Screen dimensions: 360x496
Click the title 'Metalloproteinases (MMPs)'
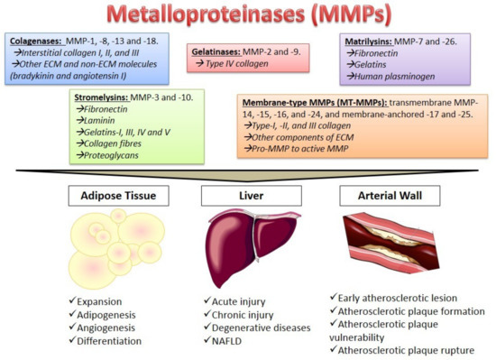point(248,16)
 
